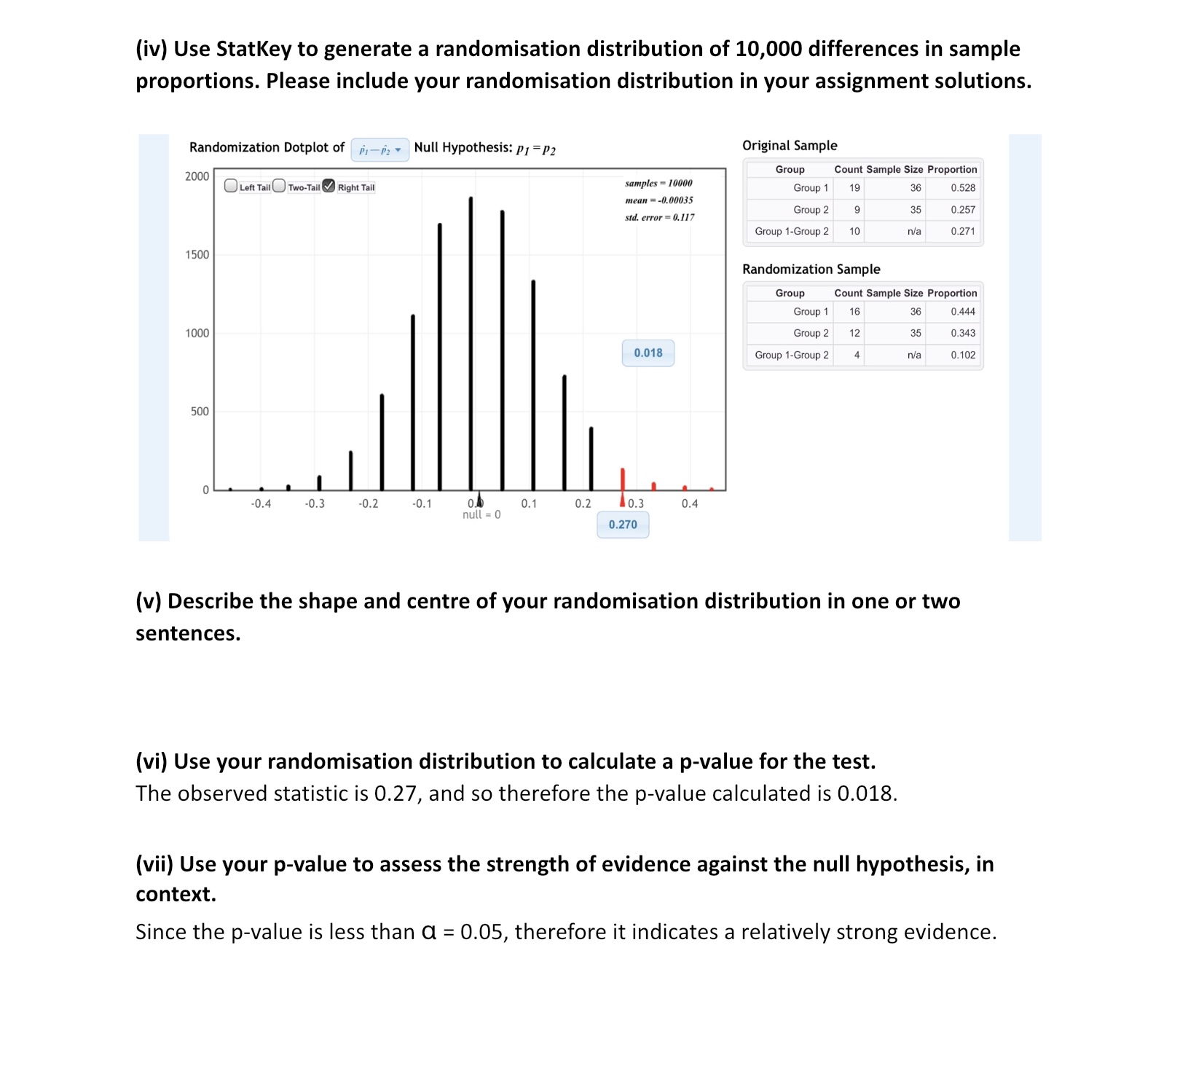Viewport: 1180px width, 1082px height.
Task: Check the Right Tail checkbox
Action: click(329, 186)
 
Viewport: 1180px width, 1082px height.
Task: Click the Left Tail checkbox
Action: click(231, 186)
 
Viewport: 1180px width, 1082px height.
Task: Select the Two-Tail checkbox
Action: click(279, 186)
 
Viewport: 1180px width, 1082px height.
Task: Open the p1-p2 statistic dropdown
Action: click(379, 149)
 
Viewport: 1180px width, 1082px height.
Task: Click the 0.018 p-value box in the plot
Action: click(648, 353)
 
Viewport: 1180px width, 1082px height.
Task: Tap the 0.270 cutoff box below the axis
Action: click(623, 525)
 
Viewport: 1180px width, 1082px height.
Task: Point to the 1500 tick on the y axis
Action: click(197, 254)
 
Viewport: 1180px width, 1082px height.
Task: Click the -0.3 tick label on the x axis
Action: click(315, 503)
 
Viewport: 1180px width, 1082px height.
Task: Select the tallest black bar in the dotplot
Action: click(471, 342)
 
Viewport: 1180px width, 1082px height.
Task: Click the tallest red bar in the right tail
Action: click(622, 479)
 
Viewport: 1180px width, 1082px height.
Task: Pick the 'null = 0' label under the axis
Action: click(481, 515)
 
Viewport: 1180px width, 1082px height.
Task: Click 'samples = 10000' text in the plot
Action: click(658, 183)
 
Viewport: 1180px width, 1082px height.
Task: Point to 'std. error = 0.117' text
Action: click(659, 217)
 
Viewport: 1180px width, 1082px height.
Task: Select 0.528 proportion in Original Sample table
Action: click(962, 188)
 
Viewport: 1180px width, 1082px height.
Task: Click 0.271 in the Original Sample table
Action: click(962, 231)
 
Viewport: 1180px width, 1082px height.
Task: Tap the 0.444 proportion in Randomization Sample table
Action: click(962, 312)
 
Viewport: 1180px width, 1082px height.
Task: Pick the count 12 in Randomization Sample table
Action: click(854, 333)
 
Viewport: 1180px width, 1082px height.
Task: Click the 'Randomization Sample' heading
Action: click(811, 269)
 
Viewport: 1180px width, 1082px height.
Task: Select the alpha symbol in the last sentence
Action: click(429, 932)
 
